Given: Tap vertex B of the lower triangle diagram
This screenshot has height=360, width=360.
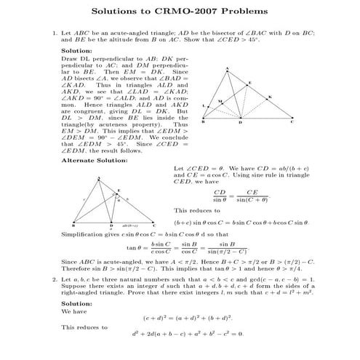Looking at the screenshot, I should coord(74,221).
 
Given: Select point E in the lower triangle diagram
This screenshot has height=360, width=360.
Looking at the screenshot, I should coord(119,191).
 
